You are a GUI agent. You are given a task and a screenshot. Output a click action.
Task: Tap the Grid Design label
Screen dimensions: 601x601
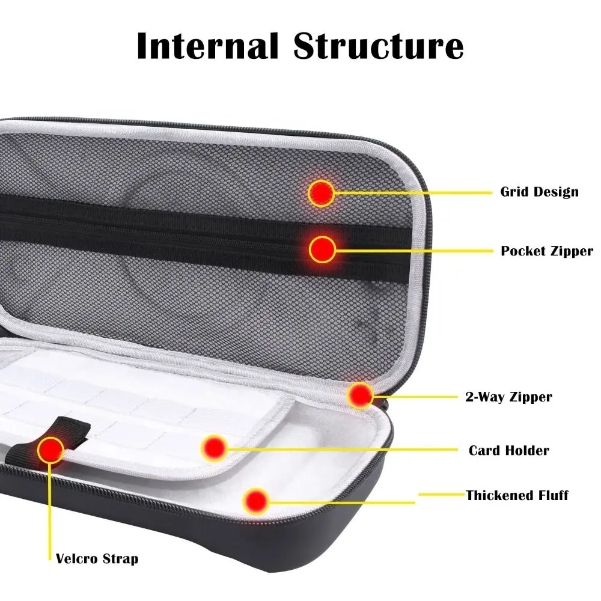point(539,192)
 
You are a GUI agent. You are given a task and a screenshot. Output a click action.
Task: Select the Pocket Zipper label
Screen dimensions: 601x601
point(547,251)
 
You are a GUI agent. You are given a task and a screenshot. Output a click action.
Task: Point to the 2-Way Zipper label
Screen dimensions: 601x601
point(508,397)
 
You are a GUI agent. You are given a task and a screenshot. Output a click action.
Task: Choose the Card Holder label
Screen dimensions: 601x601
point(508,450)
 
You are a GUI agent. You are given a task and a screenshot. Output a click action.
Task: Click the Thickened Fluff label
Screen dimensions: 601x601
point(517,495)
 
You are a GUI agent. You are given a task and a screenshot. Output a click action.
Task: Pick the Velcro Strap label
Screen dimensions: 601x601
point(97,559)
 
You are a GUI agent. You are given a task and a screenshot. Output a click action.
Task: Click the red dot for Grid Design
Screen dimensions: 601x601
point(322,193)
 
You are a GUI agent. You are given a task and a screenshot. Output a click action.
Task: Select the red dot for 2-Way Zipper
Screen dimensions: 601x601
point(361,395)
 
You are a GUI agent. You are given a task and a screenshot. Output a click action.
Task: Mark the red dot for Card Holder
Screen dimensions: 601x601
point(213,448)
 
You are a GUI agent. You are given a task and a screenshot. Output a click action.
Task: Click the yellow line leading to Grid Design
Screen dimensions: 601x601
point(415,193)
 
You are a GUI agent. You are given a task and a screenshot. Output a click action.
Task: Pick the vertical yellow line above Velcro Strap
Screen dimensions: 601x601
point(49,511)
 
